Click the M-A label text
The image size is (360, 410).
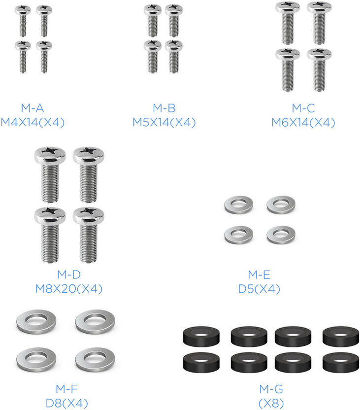pyautogui.click(x=33, y=108)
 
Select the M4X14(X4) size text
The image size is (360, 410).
pyautogui.click(x=33, y=123)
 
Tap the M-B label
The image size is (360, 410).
pyautogui.click(x=164, y=108)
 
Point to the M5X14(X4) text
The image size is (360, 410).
pyautogui.click(x=164, y=123)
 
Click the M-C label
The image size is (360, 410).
pyautogui.click(x=303, y=108)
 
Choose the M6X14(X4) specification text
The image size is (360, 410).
pyautogui.click(x=303, y=123)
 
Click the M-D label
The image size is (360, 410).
pyautogui.click(x=69, y=274)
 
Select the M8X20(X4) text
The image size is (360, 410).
pyautogui.click(x=69, y=289)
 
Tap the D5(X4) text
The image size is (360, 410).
pyautogui.click(x=259, y=289)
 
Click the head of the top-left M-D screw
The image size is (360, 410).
pyautogui.click(x=50, y=156)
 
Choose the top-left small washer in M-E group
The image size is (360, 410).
pyautogui.click(x=239, y=204)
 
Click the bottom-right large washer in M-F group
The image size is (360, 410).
pyautogui.click(x=91, y=359)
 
